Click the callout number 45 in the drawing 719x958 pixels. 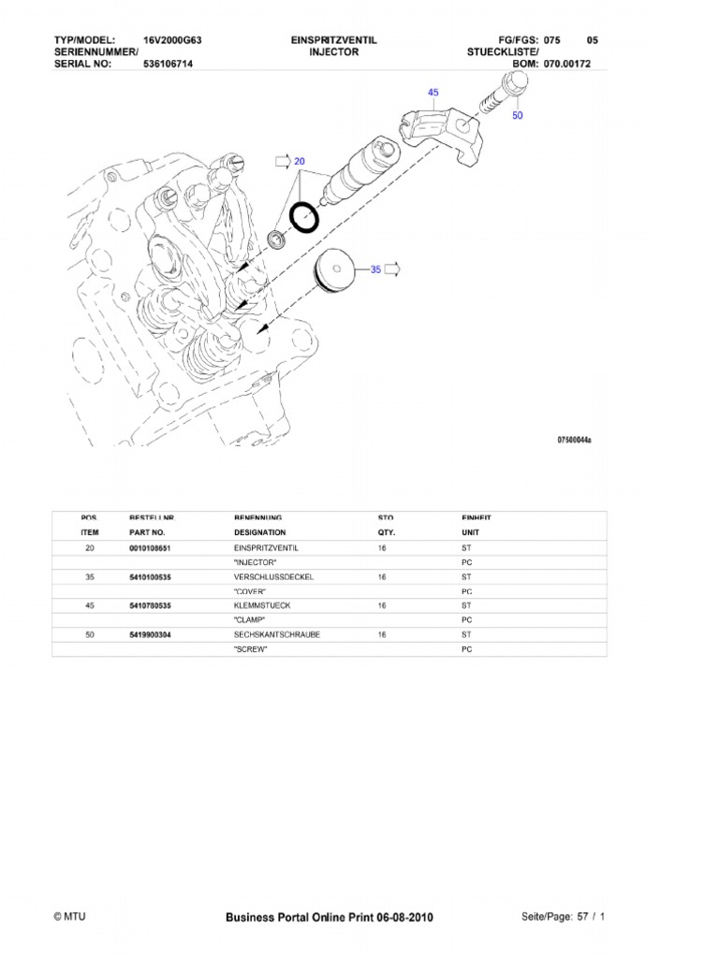point(433,93)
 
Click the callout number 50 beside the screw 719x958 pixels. point(518,116)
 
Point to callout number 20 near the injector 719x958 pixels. point(300,161)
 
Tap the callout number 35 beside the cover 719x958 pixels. point(375,269)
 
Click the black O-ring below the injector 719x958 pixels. point(303,217)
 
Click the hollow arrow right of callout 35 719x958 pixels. point(392,269)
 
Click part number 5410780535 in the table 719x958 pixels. point(150,605)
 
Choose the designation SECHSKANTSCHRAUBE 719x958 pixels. point(276,634)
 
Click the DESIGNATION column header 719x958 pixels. point(258,531)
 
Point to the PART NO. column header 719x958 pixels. point(147,531)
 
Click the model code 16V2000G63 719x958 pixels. point(173,40)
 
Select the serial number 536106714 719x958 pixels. point(169,65)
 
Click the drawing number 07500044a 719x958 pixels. point(576,437)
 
